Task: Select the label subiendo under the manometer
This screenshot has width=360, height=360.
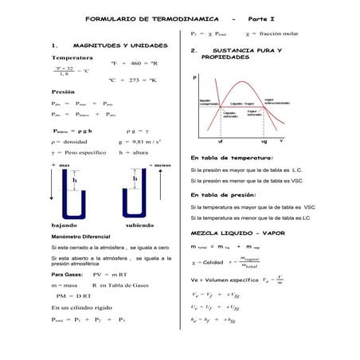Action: click(x=139, y=225)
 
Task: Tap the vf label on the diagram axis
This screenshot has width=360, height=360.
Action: click(x=220, y=141)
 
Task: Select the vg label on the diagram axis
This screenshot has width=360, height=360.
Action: click(x=285, y=141)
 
